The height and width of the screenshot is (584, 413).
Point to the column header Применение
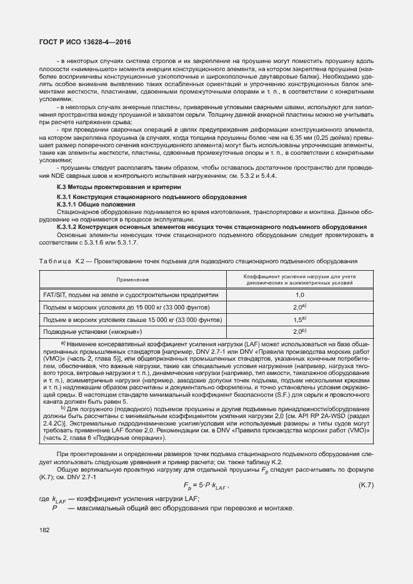click(x=131, y=280)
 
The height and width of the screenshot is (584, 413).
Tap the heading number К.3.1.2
click(x=69, y=226)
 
